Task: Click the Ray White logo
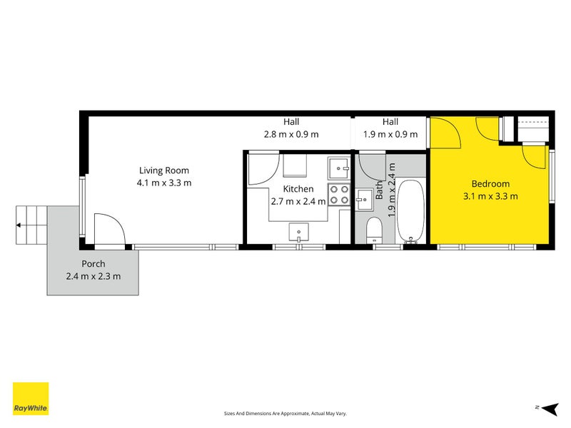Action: click(31, 399)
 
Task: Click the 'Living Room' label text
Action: click(163, 170)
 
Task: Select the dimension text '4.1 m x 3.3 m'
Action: click(163, 183)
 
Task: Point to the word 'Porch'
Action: click(93, 264)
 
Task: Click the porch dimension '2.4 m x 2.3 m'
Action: click(93, 277)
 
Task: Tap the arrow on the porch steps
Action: click(19, 224)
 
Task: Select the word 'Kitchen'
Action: click(298, 189)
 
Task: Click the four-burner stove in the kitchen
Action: click(338, 195)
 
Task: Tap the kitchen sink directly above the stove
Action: click(338, 168)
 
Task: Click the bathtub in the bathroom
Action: click(411, 211)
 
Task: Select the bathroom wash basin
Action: click(364, 199)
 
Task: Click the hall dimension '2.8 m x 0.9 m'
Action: click(291, 134)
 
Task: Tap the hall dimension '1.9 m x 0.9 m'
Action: click(390, 134)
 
